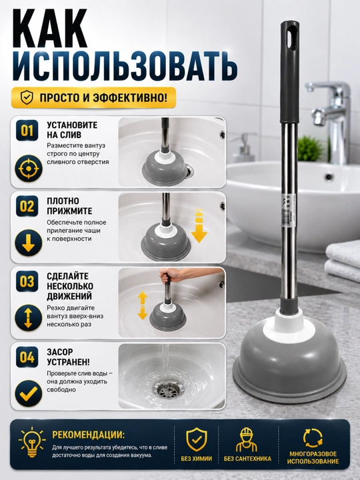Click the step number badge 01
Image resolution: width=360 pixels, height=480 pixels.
click(x=27, y=130)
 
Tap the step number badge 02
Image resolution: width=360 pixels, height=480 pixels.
click(x=27, y=206)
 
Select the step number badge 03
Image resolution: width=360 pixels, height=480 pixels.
click(x=27, y=281)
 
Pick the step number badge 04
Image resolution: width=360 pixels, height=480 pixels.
click(x=27, y=357)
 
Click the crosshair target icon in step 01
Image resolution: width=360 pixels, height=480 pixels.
click(x=28, y=169)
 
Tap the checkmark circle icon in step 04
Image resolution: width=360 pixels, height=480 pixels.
click(x=28, y=393)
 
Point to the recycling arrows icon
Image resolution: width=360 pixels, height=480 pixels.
click(x=313, y=438)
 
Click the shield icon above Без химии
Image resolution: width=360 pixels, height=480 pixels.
click(x=197, y=440)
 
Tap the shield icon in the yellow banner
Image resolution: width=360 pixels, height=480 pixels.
click(x=27, y=97)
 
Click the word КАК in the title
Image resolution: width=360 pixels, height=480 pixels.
click(x=51, y=29)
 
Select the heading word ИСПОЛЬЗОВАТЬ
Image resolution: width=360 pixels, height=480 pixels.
click(x=125, y=66)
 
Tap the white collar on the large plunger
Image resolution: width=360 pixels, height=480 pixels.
click(x=289, y=326)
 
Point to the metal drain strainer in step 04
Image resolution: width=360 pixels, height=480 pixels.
click(x=167, y=389)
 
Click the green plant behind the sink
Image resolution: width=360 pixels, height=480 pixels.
click(x=311, y=149)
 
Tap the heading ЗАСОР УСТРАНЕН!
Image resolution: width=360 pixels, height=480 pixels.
click(x=68, y=357)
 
